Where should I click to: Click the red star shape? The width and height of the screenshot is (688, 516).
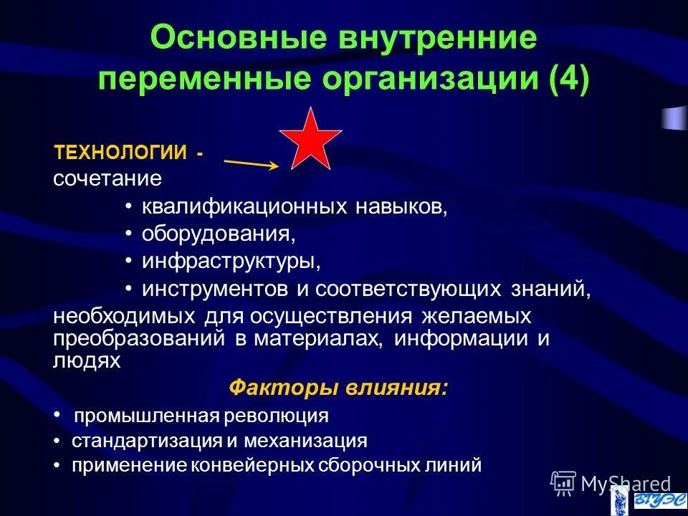(310, 141)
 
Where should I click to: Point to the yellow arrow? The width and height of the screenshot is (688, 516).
(251, 163)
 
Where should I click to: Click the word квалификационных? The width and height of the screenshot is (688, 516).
(244, 207)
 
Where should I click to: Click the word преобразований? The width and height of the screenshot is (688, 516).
(139, 338)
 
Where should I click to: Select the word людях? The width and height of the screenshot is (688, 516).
(87, 360)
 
